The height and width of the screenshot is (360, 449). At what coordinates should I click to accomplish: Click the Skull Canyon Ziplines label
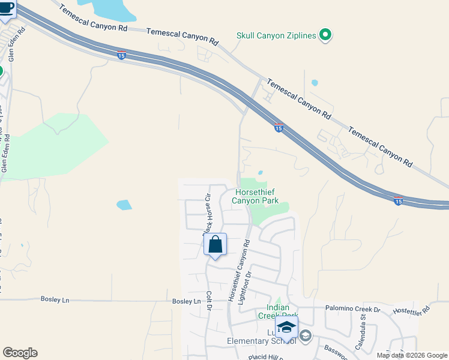[x=276, y=36]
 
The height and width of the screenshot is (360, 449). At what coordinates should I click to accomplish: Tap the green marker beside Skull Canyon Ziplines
[x=325, y=36]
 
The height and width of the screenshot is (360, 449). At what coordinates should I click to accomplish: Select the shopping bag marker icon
[x=215, y=245]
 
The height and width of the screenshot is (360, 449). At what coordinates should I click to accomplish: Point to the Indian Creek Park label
[x=278, y=311]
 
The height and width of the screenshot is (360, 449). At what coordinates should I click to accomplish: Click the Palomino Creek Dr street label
[x=353, y=310]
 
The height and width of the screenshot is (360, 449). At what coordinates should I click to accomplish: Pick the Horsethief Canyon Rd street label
[x=238, y=271]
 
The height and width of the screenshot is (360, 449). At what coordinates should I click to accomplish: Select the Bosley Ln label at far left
[x=55, y=299]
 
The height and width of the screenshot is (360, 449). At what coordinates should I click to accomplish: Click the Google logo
[x=20, y=353]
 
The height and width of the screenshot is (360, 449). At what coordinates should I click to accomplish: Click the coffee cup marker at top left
[x=8, y=10]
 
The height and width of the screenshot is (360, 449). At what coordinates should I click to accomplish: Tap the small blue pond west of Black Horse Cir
[x=124, y=205]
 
